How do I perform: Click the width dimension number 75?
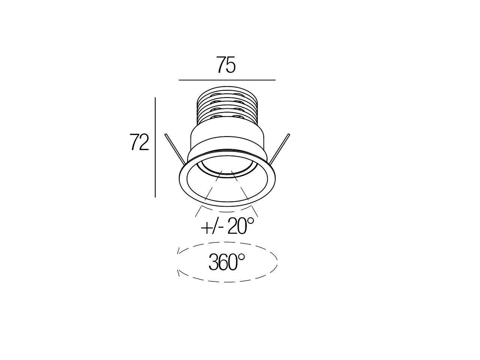click(225, 65)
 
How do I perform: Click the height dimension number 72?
click(139, 142)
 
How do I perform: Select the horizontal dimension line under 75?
click(227, 80)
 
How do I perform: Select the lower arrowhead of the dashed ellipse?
click(180, 274)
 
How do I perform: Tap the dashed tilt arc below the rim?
click(227, 208)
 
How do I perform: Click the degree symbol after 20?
click(250, 221)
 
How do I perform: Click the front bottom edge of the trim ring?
click(227, 205)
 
